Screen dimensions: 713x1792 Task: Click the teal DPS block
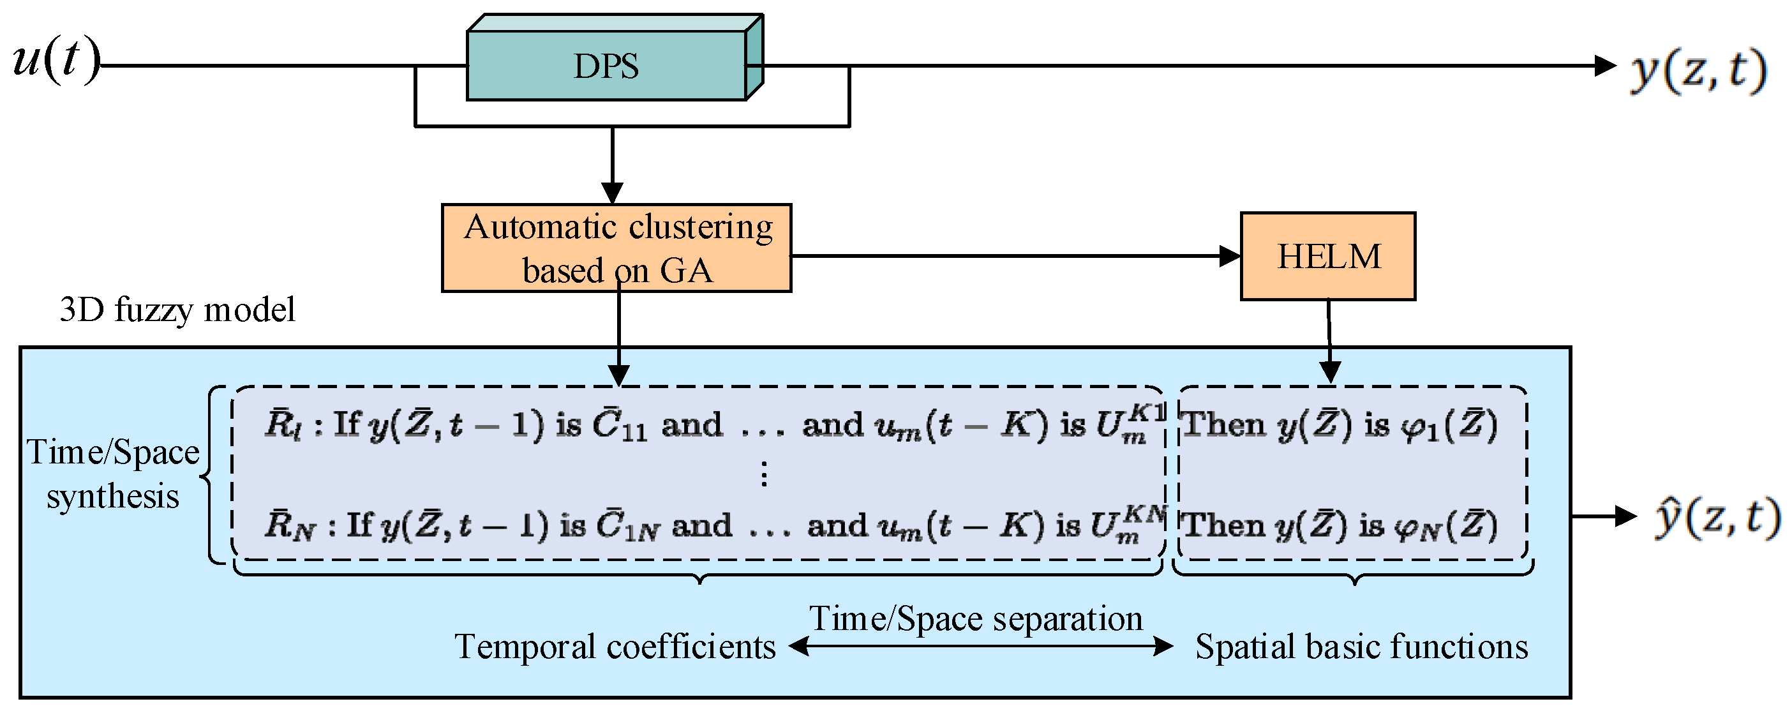click(x=606, y=66)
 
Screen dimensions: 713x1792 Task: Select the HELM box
click(x=1327, y=256)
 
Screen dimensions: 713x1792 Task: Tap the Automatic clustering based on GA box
click(x=616, y=248)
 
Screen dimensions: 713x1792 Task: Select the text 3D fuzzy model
click(x=177, y=310)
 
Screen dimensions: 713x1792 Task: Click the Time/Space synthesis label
click(x=113, y=474)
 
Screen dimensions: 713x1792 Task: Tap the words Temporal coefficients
click(x=615, y=646)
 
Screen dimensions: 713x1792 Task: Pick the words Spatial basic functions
click(x=1361, y=646)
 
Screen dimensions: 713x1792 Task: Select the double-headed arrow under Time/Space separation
click(x=981, y=646)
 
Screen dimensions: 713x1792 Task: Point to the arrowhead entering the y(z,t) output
click(x=1604, y=66)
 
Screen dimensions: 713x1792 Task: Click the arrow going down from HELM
click(x=1329, y=341)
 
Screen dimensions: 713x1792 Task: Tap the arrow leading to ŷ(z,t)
click(x=1604, y=516)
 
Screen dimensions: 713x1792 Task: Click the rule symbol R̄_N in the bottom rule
click(x=289, y=527)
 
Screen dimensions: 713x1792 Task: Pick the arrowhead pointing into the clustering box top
click(x=612, y=193)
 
